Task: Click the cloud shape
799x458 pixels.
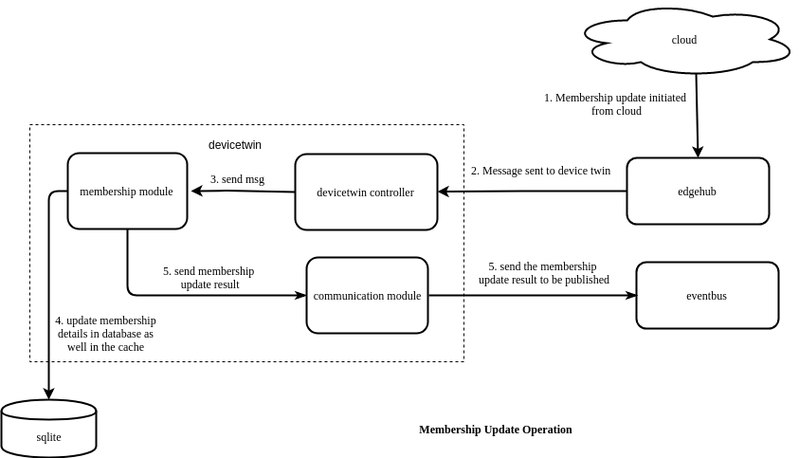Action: pyautogui.click(x=684, y=40)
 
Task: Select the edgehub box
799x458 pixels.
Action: pyautogui.click(x=698, y=192)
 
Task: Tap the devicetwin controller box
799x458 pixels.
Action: pyautogui.click(x=366, y=192)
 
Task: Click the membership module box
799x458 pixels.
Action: pyautogui.click(x=127, y=192)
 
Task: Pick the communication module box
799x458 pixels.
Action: pyautogui.click(x=367, y=296)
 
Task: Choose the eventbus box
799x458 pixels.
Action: pyautogui.click(x=707, y=296)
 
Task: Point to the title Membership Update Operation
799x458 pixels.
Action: pyautogui.click(x=496, y=430)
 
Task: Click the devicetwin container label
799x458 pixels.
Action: pyautogui.click(x=235, y=145)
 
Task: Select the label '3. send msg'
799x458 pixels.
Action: pyautogui.click(x=237, y=179)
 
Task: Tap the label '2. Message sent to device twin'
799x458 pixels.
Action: pyautogui.click(x=540, y=172)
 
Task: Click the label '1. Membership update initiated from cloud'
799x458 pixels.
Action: pyautogui.click(x=615, y=104)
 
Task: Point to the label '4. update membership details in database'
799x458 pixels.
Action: pyautogui.click(x=105, y=334)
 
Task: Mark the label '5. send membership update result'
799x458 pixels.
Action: pyautogui.click(x=209, y=278)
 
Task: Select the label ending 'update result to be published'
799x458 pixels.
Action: pyautogui.click(x=543, y=273)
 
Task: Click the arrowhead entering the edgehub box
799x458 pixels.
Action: pyautogui.click(x=698, y=152)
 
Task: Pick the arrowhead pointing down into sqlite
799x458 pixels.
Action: pyautogui.click(x=48, y=394)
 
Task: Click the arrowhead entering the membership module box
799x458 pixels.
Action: pyautogui.click(x=197, y=191)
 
